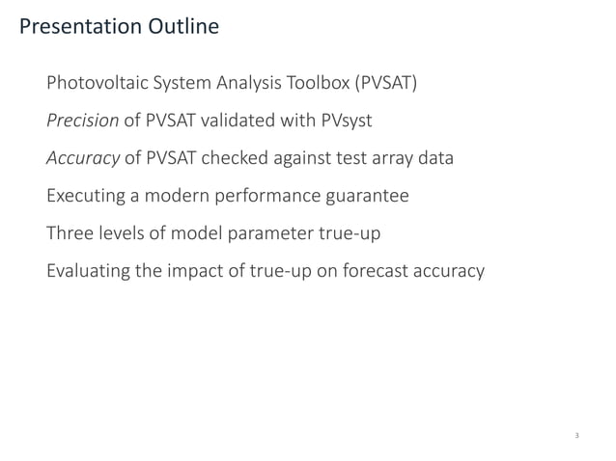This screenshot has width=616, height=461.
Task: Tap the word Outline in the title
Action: coord(182,26)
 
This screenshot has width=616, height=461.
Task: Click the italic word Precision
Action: coord(82,121)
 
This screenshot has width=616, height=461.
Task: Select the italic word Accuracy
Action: coord(83,158)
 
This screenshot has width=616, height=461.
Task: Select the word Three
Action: coord(70,233)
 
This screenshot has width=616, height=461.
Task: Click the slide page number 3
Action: coord(576,437)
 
